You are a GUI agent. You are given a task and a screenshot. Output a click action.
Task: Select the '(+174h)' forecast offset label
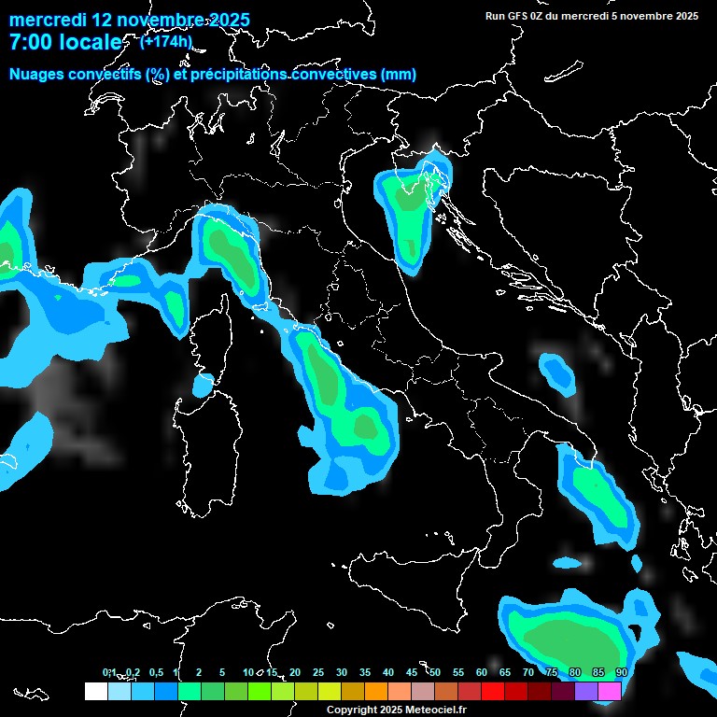click(x=165, y=41)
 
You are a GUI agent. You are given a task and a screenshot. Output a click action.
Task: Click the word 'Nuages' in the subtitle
click(x=36, y=75)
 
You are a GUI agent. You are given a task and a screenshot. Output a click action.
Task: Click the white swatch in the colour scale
click(x=95, y=691)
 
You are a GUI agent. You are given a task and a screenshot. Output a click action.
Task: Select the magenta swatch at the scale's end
click(x=610, y=691)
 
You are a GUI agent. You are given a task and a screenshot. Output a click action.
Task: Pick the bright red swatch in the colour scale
click(x=493, y=691)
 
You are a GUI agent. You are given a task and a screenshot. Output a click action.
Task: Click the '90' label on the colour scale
click(x=621, y=672)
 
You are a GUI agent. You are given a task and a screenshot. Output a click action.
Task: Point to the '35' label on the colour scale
click(x=365, y=672)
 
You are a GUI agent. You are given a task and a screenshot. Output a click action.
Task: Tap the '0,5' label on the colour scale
click(x=156, y=672)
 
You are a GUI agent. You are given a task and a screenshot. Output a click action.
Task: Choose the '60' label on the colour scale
click(x=482, y=672)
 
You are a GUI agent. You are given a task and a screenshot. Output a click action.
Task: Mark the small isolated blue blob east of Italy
click(x=558, y=372)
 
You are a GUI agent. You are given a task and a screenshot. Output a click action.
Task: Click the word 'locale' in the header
click(x=88, y=42)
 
